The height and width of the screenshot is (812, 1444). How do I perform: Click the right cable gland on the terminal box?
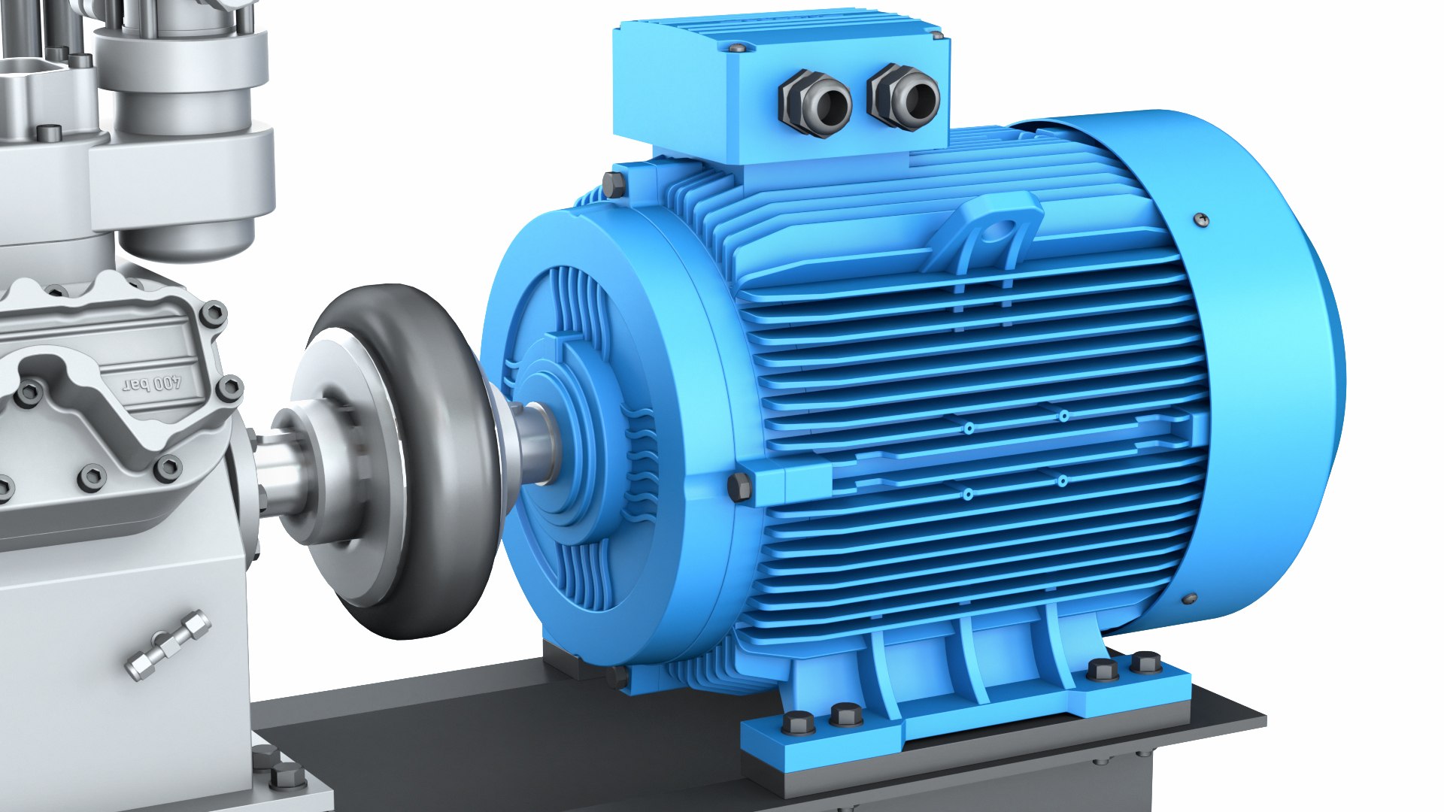pos(905,97)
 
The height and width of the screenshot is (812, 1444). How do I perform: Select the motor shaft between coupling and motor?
pos(538,444)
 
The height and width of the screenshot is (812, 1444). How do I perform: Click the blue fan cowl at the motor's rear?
pos(1263,361)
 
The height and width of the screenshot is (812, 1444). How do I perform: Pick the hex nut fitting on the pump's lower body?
pos(168,645)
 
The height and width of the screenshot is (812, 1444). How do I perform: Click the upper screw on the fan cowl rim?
pos(1201,220)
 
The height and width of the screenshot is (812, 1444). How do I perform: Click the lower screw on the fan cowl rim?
pos(1189,599)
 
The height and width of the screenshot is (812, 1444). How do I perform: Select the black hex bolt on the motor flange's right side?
pos(739,486)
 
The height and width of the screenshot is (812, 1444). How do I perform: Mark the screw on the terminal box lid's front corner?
pos(736,48)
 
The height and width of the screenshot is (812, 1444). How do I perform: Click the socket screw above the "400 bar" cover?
pos(214,314)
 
